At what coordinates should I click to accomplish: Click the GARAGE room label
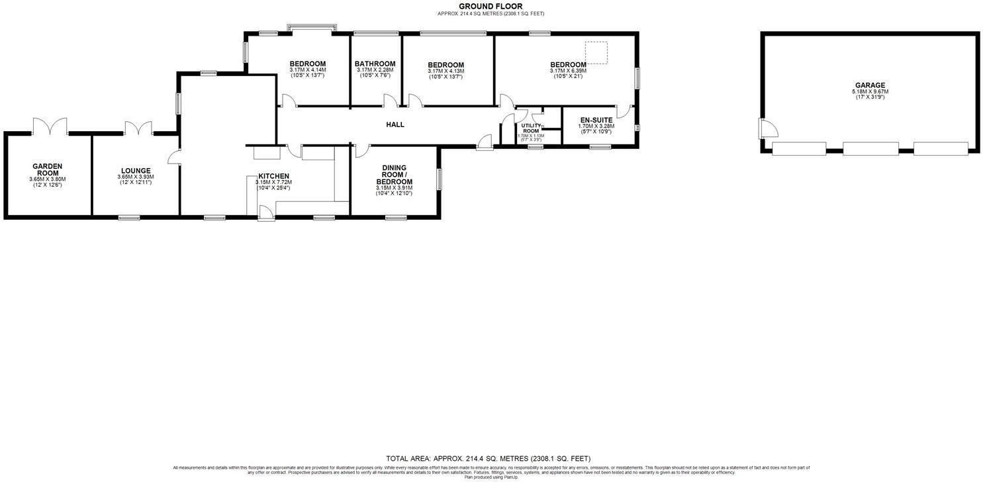[x=869, y=85]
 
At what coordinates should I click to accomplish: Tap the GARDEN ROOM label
[x=48, y=169]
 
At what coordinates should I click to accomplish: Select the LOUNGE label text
[x=135, y=171]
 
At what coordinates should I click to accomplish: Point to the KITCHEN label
[x=273, y=176]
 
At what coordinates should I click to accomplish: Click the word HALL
[x=395, y=124]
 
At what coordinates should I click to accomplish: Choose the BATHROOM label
[x=375, y=64]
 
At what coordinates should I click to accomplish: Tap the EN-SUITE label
[x=596, y=120]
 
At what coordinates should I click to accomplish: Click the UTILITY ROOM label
[x=531, y=128]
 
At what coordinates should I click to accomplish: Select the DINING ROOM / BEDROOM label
[x=394, y=175]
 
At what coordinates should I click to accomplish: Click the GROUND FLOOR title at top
[x=491, y=7]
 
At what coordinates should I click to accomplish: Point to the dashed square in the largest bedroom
[x=596, y=53]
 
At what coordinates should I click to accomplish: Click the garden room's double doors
[x=50, y=126]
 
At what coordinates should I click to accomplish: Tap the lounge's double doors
[x=139, y=128]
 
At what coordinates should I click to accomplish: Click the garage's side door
[x=765, y=128]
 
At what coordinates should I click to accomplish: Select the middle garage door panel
[x=870, y=148]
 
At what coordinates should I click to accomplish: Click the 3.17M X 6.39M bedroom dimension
[x=568, y=71]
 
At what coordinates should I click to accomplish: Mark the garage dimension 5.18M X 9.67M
[x=869, y=92]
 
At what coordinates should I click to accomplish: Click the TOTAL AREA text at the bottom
[x=488, y=458]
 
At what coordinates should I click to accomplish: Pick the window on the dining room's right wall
[x=439, y=179]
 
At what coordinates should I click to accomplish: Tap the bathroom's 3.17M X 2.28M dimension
[x=375, y=70]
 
